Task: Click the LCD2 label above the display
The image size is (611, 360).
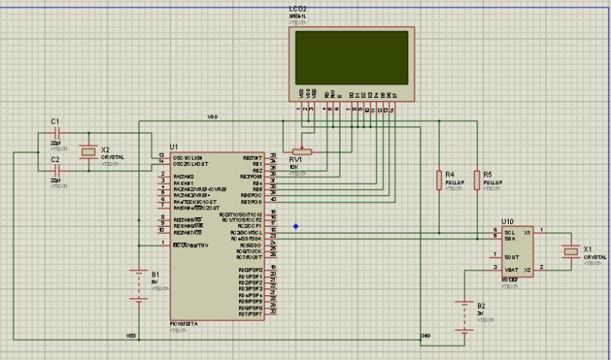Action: pyautogui.click(x=299, y=8)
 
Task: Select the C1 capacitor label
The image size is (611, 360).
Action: pyautogui.click(x=54, y=122)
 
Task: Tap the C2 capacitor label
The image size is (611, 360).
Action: pyautogui.click(x=54, y=159)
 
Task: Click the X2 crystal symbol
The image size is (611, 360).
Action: pyautogui.click(x=89, y=152)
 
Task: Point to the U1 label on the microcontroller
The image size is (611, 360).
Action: pyautogui.click(x=173, y=146)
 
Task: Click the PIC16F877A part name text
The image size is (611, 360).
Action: pyautogui.click(x=184, y=324)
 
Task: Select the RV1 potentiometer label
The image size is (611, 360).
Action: pyautogui.click(x=296, y=159)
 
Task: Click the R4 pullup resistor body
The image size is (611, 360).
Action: pyautogui.click(x=439, y=180)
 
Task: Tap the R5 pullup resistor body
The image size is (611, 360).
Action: pyautogui.click(x=477, y=180)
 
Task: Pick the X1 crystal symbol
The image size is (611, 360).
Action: pyautogui.click(x=569, y=250)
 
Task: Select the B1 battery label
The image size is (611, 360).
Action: pyautogui.click(x=156, y=274)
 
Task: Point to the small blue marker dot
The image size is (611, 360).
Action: pyautogui.click(x=296, y=226)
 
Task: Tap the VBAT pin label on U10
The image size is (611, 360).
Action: pyautogui.click(x=511, y=270)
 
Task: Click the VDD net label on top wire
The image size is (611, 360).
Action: pyautogui.click(x=212, y=117)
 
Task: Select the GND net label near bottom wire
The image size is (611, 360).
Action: pyautogui.click(x=425, y=336)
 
